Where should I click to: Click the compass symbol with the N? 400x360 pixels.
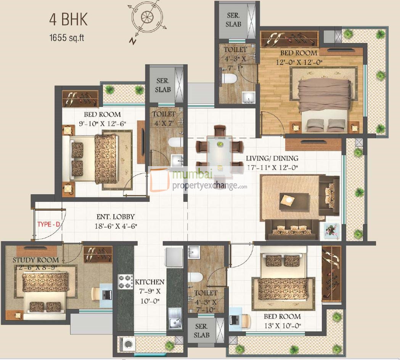tap(146, 19)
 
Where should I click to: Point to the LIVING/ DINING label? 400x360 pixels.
tap(272, 158)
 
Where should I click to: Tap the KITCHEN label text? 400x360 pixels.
tap(149, 282)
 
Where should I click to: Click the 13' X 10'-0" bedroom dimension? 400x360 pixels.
tap(283, 325)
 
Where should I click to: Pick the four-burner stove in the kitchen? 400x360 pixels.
tap(125, 282)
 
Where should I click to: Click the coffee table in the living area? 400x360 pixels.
tap(294, 199)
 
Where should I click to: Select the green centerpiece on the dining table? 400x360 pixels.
tap(220, 144)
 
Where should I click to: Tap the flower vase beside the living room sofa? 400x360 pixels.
tap(331, 230)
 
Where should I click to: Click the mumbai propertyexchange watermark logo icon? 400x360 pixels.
tap(159, 180)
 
